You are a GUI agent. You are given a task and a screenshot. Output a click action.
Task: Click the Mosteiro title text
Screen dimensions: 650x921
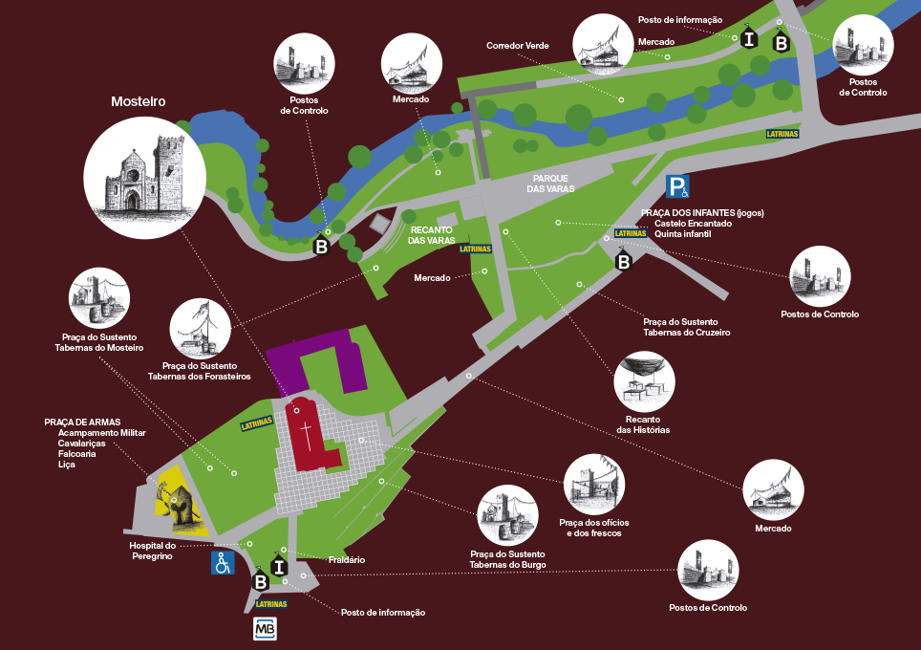point(139,101)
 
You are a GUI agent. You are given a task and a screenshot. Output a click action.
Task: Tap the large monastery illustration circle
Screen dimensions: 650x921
point(144,179)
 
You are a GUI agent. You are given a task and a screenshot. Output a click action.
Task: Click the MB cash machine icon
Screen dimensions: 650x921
point(265,629)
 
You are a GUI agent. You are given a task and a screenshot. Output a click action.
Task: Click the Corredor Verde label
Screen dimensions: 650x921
point(517,46)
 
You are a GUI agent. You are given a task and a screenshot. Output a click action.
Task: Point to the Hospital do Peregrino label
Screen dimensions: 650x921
point(152,551)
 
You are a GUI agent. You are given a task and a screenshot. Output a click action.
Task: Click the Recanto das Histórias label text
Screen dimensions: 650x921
point(643,424)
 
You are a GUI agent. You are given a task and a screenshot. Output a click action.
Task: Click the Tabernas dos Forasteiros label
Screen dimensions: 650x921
point(199,377)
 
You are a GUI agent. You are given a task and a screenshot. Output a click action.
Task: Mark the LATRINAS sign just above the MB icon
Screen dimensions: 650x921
point(271,604)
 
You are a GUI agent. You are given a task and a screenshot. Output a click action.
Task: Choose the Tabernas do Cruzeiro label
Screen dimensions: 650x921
point(686,333)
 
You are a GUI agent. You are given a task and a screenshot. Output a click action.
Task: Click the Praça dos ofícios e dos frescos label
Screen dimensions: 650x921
point(593,528)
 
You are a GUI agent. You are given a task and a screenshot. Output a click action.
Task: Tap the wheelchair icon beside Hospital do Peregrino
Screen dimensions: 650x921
point(223,563)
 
